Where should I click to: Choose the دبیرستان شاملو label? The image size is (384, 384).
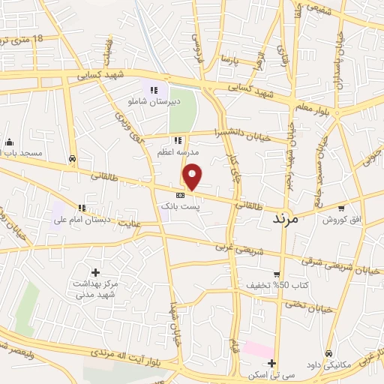pos(154,103)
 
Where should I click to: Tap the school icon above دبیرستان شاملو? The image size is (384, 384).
pos(154,91)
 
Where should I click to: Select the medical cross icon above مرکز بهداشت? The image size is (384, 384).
pos(95,272)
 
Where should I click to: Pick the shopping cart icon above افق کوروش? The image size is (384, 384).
pos(342,208)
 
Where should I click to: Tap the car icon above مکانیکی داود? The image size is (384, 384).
pos(330,353)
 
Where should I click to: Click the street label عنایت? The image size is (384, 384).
pos(130,223)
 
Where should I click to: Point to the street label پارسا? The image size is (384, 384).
pos(229,58)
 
